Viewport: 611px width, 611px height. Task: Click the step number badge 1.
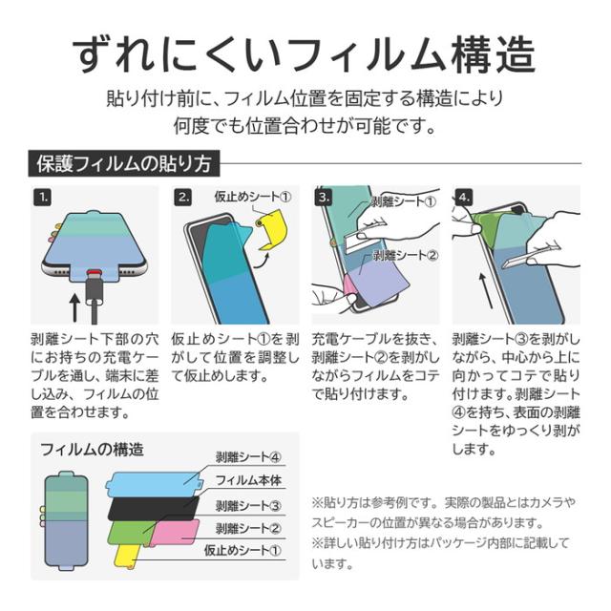(x=42, y=198)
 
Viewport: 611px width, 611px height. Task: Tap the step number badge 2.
(x=183, y=198)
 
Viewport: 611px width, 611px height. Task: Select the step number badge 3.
(x=324, y=198)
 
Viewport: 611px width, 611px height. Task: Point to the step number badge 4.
(x=464, y=198)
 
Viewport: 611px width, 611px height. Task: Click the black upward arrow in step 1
(x=74, y=307)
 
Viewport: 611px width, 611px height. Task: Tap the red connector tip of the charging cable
(x=93, y=271)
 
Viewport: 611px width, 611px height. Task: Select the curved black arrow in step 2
(x=261, y=261)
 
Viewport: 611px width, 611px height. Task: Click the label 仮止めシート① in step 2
(x=253, y=197)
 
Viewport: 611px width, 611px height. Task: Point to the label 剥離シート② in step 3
(x=406, y=255)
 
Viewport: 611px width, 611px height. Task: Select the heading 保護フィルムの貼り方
(x=124, y=163)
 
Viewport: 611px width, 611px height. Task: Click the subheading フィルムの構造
(x=92, y=450)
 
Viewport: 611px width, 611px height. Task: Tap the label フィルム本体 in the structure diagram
(x=248, y=480)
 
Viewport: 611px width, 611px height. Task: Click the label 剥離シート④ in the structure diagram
(x=248, y=456)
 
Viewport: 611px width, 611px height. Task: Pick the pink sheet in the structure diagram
(x=175, y=533)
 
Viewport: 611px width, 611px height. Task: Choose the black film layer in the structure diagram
(x=153, y=508)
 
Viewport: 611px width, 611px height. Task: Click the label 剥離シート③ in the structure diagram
(x=248, y=505)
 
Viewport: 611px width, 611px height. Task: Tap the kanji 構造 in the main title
(x=494, y=54)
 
